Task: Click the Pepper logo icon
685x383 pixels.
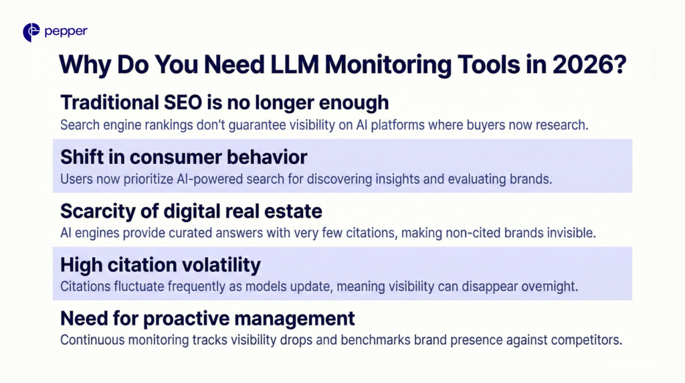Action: tap(31, 31)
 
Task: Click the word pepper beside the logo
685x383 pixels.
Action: tap(66, 31)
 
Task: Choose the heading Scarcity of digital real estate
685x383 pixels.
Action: tap(191, 211)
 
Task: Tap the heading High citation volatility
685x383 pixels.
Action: tap(161, 265)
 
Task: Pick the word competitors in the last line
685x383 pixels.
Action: tap(589, 339)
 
